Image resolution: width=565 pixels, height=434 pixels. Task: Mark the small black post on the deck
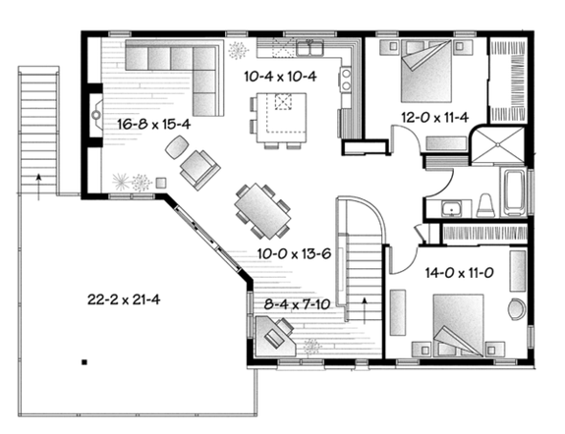click(85, 363)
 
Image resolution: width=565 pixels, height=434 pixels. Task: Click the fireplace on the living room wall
click(94, 116)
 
